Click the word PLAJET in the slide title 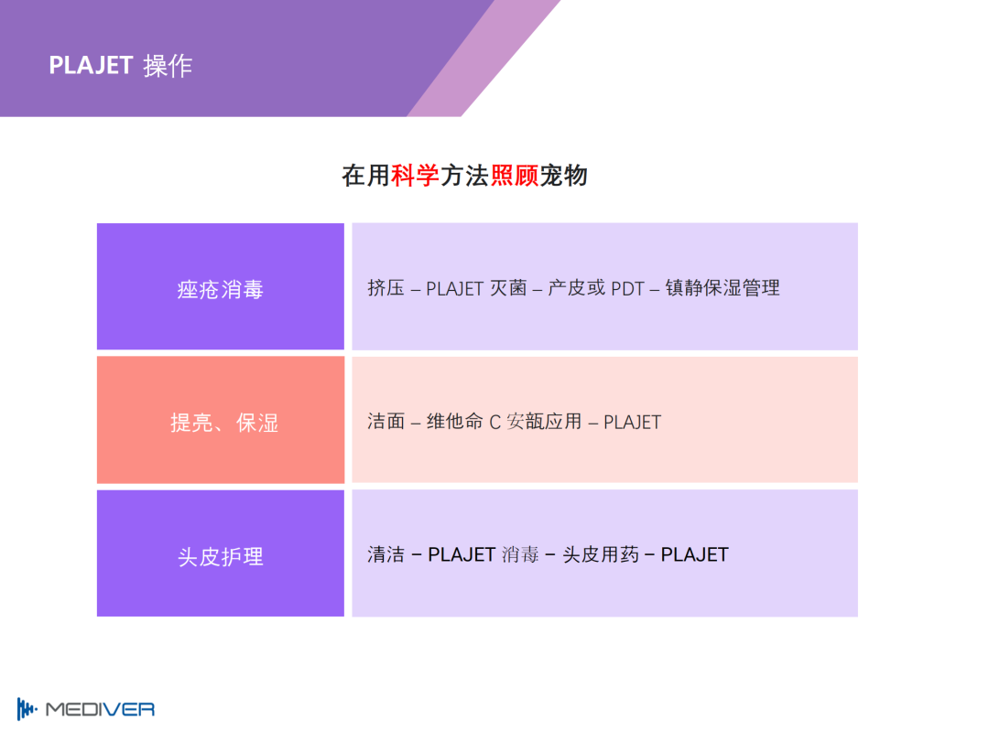pyautogui.click(x=91, y=66)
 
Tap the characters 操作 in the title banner pyautogui.click(x=168, y=66)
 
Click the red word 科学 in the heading pyautogui.click(x=415, y=175)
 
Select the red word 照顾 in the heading pyautogui.click(x=514, y=175)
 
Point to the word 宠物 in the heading pyautogui.click(x=563, y=175)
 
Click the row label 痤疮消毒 pyautogui.click(x=220, y=289)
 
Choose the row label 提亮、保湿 pyautogui.click(x=224, y=423)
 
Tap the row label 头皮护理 pyautogui.click(x=220, y=556)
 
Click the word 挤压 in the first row pyautogui.click(x=386, y=288)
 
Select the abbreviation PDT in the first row pyautogui.click(x=627, y=288)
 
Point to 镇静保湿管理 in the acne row pyautogui.click(x=723, y=288)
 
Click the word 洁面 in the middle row pyautogui.click(x=386, y=421)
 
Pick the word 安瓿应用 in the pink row pyautogui.click(x=544, y=421)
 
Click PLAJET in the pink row pyautogui.click(x=633, y=422)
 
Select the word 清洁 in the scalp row pyautogui.click(x=386, y=554)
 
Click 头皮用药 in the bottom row pyautogui.click(x=601, y=554)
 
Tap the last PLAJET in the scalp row pyautogui.click(x=694, y=555)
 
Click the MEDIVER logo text pyautogui.click(x=101, y=710)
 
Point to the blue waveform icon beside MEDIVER pyautogui.click(x=27, y=709)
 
